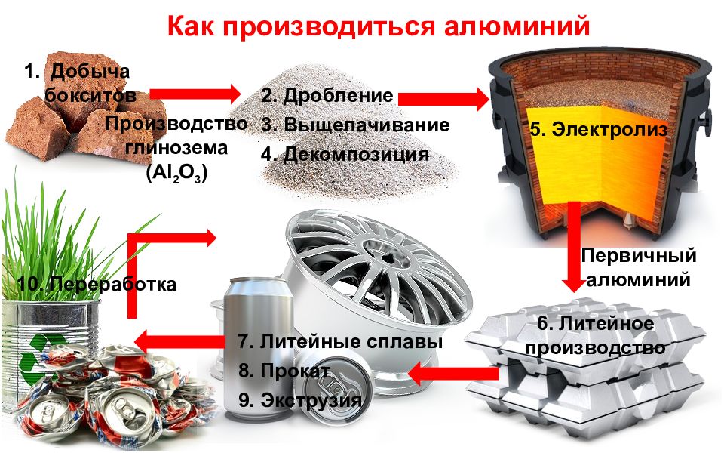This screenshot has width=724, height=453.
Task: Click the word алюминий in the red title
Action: (x=517, y=26)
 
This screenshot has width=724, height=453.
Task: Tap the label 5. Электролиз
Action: (x=598, y=129)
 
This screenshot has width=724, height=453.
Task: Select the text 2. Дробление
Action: (x=327, y=95)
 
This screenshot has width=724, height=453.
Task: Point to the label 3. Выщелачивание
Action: (x=355, y=125)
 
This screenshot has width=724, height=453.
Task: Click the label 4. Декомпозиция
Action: (x=345, y=154)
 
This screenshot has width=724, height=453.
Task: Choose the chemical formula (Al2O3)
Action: (x=176, y=174)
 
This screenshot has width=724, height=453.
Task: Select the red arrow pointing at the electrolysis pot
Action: (x=443, y=98)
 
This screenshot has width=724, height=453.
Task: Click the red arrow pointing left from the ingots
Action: (x=453, y=374)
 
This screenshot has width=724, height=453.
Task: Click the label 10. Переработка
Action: (x=97, y=284)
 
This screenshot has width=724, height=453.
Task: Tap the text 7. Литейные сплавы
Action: (x=340, y=341)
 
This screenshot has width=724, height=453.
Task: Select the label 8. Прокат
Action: (x=284, y=371)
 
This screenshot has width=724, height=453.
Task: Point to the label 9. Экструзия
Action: (x=300, y=400)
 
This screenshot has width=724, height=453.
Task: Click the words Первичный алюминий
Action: (x=639, y=267)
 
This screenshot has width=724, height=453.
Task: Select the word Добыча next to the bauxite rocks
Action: (x=90, y=71)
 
